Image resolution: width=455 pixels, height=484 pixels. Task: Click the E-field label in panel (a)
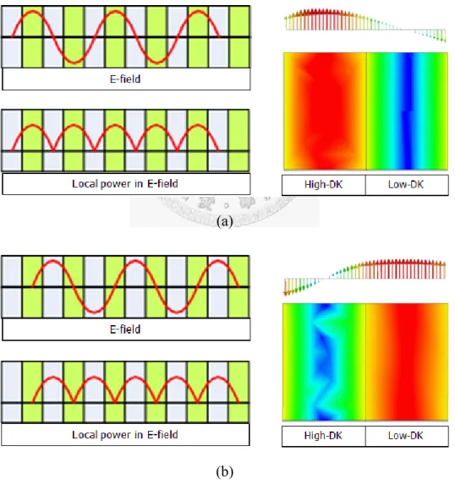pos(125,79)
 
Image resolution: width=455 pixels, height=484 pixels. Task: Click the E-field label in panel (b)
pos(125,329)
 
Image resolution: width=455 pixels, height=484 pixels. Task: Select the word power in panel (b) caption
pos(115,435)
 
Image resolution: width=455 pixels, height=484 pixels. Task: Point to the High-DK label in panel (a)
pos(323,185)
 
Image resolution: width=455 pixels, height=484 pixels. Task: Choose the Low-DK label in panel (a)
pos(406,185)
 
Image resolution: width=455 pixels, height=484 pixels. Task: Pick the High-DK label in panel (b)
pos(323,436)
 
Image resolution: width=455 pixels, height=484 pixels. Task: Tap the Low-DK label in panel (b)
pos(406,436)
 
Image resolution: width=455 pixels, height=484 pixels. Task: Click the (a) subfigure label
pos(225,221)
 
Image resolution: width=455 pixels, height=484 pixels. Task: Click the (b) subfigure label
pos(225,471)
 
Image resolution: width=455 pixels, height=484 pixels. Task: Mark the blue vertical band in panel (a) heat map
pos(408,111)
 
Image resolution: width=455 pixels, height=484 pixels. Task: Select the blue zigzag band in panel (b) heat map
pos(325,362)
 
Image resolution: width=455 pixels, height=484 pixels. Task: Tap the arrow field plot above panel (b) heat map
pos(365,277)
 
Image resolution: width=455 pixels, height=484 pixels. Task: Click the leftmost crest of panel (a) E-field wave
pos(33,12)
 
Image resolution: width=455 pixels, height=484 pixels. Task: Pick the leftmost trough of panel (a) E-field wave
pos(74,63)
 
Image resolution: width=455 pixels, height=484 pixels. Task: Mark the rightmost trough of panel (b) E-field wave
pos(177,313)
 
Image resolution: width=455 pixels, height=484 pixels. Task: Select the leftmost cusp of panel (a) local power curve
pos(53,151)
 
